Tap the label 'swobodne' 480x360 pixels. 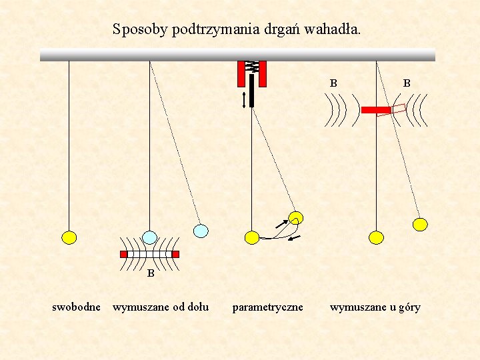(x=77, y=307)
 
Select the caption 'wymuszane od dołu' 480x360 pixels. (x=161, y=307)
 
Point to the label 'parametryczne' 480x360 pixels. (x=267, y=307)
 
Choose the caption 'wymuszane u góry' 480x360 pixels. (x=375, y=307)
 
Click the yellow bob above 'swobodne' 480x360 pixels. (x=69, y=237)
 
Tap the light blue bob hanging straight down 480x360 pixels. (x=150, y=237)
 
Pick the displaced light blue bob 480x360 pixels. (x=201, y=231)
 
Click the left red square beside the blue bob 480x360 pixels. (x=123, y=254)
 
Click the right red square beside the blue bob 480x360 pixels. (x=175, y=254)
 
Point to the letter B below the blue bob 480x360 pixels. (x=151, y=273)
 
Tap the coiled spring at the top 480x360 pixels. (x=252, y=67)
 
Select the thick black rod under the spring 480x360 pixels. (x=252, y=90)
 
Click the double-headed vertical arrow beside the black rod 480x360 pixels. (x=245, y=99)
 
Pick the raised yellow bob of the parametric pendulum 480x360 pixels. (x=296, y=217)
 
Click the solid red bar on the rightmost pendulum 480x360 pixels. (x=375, y=109)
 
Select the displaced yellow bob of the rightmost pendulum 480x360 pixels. (x=420, y=224)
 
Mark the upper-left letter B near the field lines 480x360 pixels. (x=333, y=83)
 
